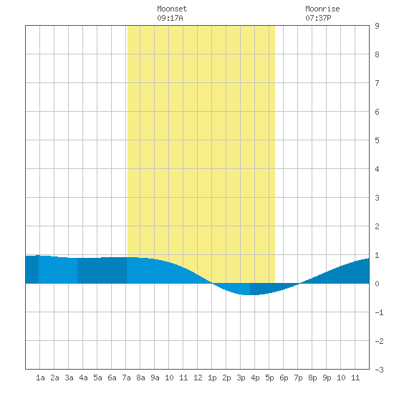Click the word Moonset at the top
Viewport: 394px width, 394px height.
(x=172, y=9)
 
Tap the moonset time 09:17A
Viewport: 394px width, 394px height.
(x=170, y=18)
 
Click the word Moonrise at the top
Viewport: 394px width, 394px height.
(x=322, y=9)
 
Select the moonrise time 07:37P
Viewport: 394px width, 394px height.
(x=318, y=18)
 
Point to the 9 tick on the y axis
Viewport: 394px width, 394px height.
(x=377, y=26)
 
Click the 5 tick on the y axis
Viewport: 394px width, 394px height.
(x=377, y=140)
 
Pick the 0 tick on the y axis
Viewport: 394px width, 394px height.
(x=377, y=284)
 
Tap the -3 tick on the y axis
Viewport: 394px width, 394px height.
(x=379, y=370)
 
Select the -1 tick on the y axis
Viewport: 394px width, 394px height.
(x=379, y=312)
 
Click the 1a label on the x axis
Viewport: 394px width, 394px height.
(x=40, y=378)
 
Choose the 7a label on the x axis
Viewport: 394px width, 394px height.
(x=126, y=378)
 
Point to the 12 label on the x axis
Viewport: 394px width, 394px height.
(x=198, y=378)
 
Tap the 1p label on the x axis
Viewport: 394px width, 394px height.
(x=212, y=378)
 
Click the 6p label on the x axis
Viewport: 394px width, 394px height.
(x=284, y=378)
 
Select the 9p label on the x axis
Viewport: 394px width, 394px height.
(x=327, y=378)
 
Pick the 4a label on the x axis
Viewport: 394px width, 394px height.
(x=83, y=378)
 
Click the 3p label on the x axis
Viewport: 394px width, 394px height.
(x=241, y=378)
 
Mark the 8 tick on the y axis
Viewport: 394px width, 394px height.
(x=377, y=54)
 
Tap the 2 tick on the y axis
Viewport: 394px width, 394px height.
(x=377, y=226)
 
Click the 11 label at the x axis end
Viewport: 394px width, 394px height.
(x=355, y=378)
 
